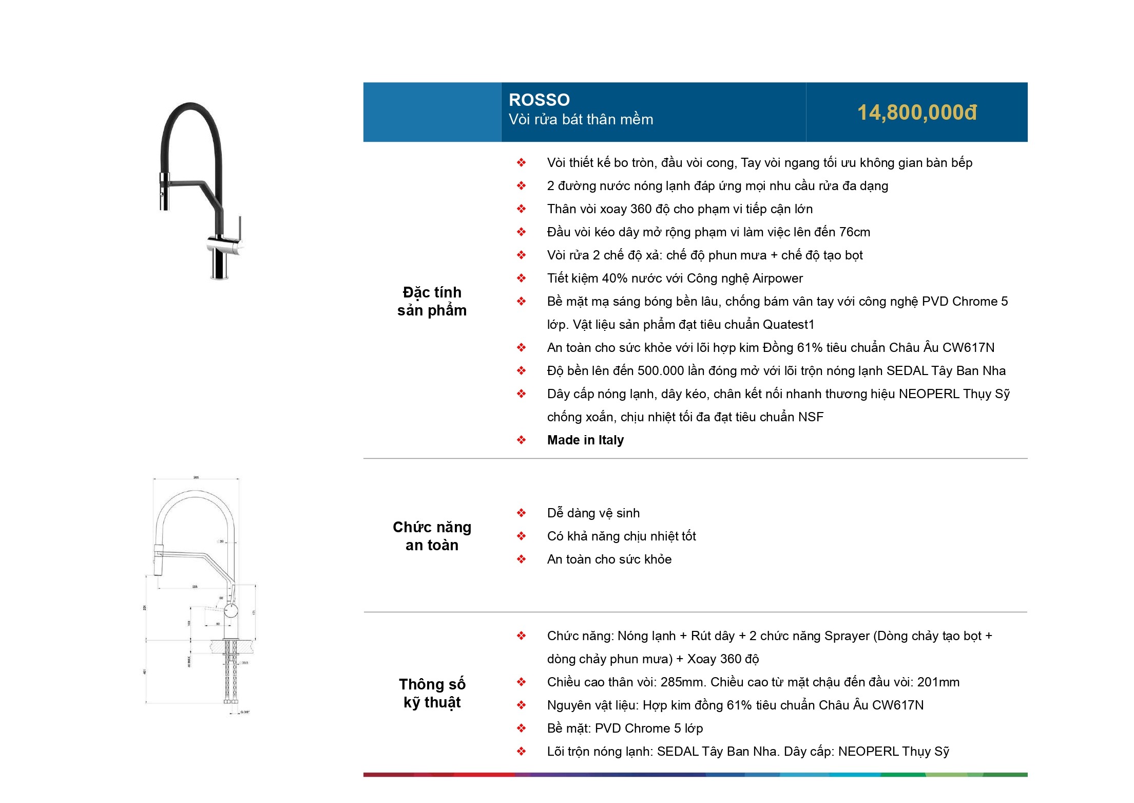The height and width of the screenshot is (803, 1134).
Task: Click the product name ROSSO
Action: coord(539,100)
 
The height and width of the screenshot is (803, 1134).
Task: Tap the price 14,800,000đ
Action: coord(917,113)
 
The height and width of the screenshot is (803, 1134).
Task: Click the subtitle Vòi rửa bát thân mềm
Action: coord(581,120)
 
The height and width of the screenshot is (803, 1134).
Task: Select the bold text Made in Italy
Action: coord(585,440)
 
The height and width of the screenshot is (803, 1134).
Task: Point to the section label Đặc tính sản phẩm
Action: coord(432,301)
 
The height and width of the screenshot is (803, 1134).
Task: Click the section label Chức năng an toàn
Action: coord(432,536)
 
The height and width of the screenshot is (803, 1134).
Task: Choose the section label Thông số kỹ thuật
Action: coord(432,693)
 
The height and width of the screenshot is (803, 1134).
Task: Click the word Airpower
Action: coord(777,278)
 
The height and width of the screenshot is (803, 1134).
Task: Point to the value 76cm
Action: coord(854,232)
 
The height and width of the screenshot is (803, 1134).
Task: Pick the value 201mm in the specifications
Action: coord(938,682)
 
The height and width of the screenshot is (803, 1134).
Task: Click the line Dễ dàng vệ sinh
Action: coord(593,513)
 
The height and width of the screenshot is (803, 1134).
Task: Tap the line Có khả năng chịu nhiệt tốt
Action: coord(621,536)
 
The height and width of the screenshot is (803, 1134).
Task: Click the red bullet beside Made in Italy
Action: coord(521,440)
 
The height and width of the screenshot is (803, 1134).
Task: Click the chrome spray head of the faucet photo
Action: coord(164,192)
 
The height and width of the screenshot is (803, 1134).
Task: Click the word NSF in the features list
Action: coord(811,417)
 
